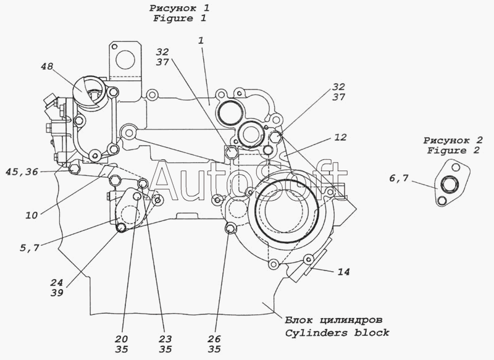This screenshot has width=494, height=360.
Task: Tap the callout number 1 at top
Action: [x=201, y=40]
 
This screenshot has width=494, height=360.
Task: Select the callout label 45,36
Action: [x=22, y=172]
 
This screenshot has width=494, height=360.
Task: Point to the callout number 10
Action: [x=31, y=215]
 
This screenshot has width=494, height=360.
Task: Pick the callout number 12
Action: [x=340, y=137]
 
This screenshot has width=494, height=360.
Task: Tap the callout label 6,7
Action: [x=398, y=178]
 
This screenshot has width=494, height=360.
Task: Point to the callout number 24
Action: [x=56, y=283]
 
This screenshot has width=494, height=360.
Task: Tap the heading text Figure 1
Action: [x=179, y=19]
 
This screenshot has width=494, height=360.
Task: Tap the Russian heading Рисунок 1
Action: [x=179, y=8]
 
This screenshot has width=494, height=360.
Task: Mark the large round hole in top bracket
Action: [x=126, y=59]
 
